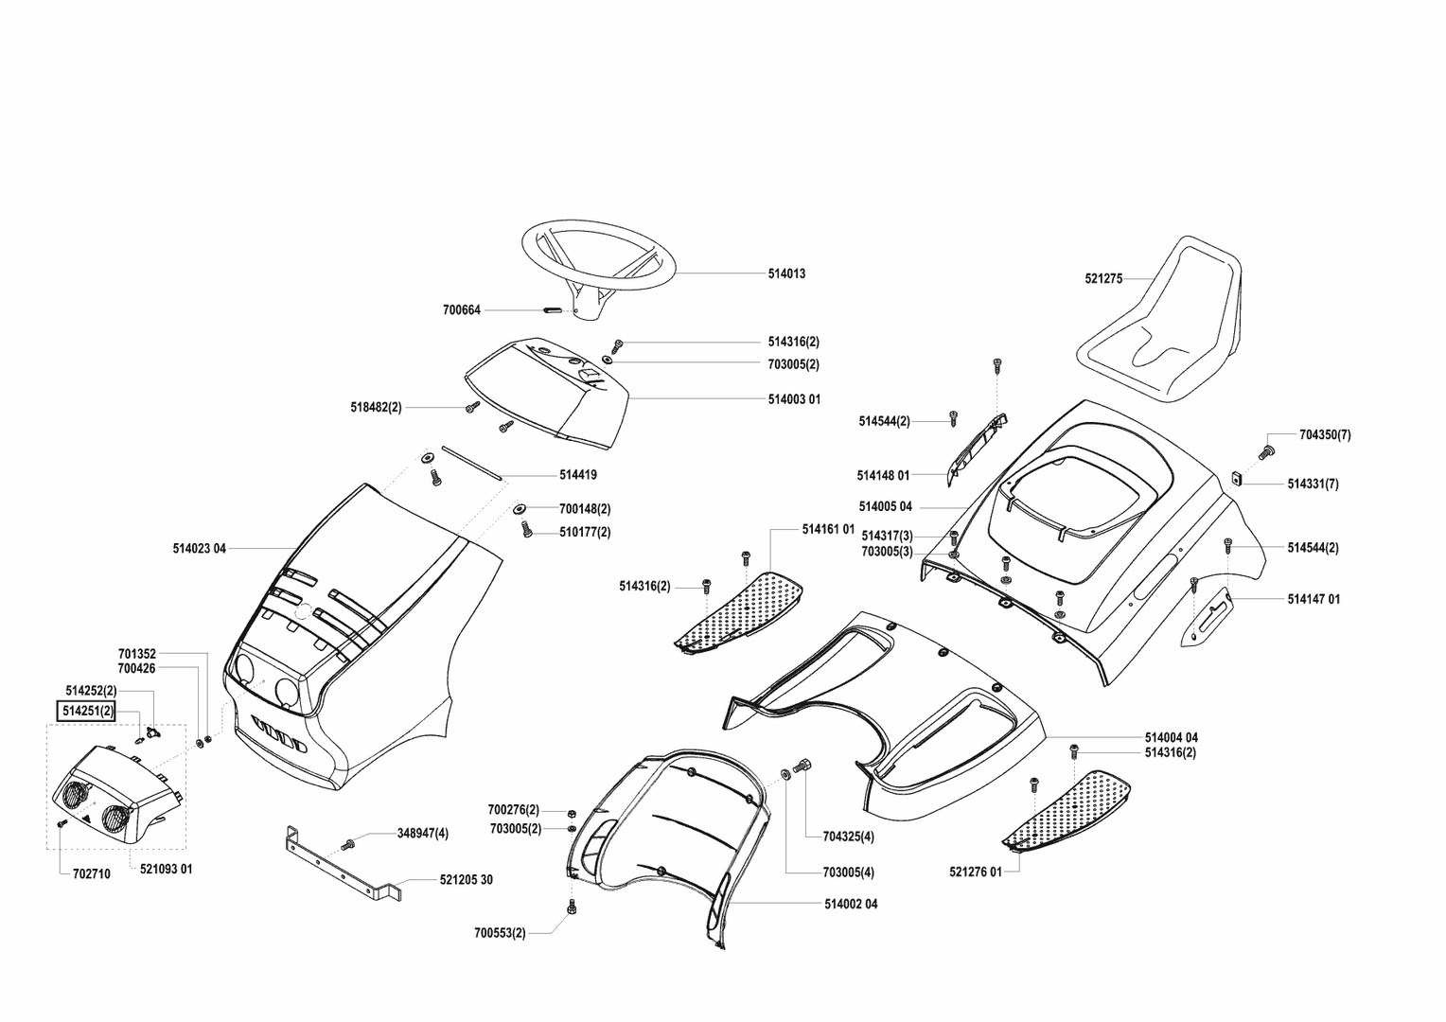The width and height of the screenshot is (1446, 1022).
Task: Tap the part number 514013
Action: tap(786, 273)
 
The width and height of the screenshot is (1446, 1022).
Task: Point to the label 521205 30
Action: tap(466, 880)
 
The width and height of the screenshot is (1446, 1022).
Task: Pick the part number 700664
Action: tap(462, 309)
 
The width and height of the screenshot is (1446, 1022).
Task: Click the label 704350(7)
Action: tap(1325, 435)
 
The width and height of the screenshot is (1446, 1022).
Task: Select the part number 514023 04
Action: tap(200, 548)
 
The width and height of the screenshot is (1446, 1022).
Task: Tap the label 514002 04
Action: tap(851, 905)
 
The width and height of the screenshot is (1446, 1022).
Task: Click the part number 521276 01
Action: tap(975, 872)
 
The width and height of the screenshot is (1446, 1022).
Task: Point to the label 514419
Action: tap(578, 475)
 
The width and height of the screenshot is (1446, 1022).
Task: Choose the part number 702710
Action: tap(91, 874)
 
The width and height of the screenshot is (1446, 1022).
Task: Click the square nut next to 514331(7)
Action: tap(1237, 477)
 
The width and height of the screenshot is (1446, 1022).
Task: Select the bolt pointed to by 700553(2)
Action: tap(572, 908)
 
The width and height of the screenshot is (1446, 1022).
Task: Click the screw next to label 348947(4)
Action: tap(348, 843)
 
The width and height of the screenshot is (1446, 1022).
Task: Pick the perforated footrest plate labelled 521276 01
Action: tap(1069, 809)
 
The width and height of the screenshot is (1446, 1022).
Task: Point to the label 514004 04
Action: tap(1171, 737)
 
